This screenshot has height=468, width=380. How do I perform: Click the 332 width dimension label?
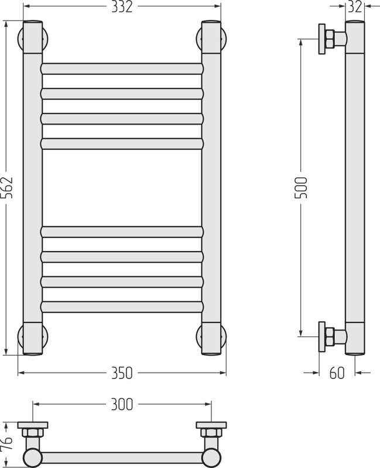(122, 7)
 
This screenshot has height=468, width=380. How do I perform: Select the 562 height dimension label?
(7, 188)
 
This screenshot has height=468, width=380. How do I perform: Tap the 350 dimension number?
(122, 373)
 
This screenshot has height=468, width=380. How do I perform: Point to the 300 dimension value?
(122, 404)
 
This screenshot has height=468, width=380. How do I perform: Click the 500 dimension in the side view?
(301, 188)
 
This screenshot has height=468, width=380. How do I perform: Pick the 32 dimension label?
(355, 6)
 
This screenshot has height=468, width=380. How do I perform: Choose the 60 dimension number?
(337, 373)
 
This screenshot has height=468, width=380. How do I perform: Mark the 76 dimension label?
(6, 443)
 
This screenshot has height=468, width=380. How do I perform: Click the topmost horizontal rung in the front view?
(122, 69)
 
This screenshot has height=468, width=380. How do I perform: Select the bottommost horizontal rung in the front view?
(122, 307)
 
